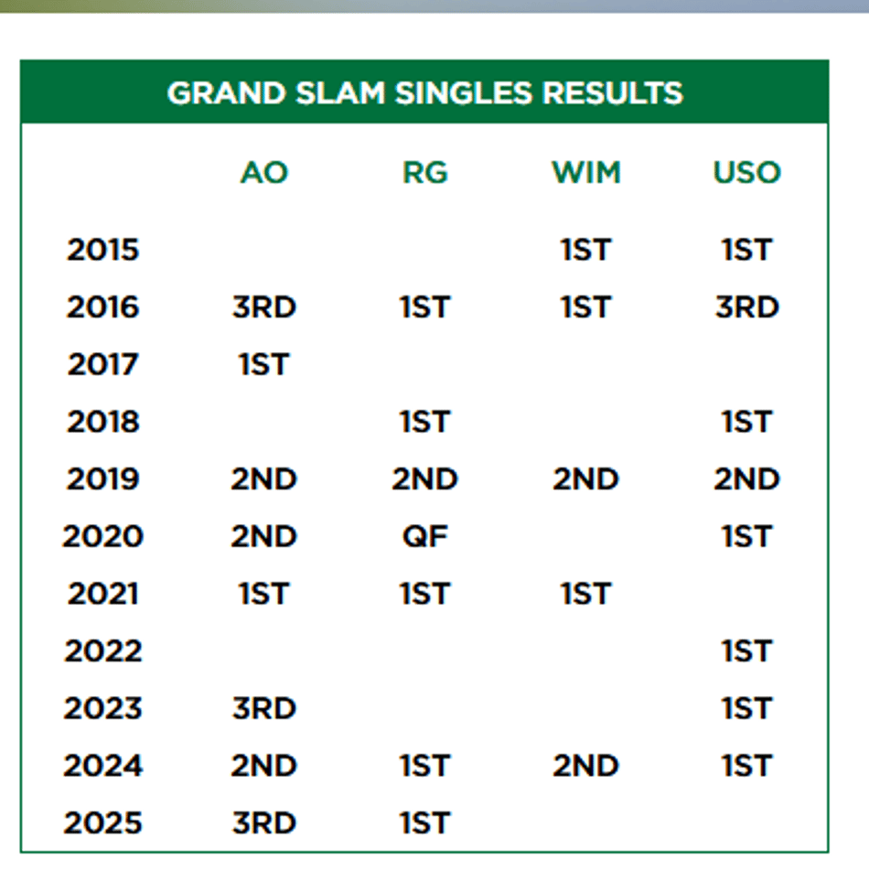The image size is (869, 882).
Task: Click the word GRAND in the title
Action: [x=226, y=92]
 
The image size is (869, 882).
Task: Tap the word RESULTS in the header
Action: [x=612, y=92]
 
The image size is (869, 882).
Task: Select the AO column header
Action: [x=263, y=172]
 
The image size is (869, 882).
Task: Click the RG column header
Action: [x=425, y=172]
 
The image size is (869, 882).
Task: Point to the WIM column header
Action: [x=586, y=172]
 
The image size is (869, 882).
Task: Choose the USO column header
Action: [x=747, y=172]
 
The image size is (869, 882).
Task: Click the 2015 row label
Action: [x=103, y=250]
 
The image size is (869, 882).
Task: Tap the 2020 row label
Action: [x=103, y=536]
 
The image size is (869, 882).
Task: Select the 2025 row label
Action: [x=103, y=823]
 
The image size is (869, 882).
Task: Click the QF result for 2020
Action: [x=425, y=536]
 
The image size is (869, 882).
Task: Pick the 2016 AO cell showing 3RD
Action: [x=263, y=307]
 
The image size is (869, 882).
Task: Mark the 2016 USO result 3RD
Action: [x=747, y=307]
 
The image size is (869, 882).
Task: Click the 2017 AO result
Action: [x=263, y=364]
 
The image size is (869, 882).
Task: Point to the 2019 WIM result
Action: [x=586, y=479]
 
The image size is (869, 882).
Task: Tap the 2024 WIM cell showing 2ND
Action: [x=586, y=766]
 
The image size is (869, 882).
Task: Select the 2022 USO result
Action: [x=747, y=651]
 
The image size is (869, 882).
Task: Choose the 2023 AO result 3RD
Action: [x=263, y=708]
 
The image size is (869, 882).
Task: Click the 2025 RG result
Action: [x=425, y=823]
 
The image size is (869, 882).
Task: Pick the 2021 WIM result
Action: [x=586, y=594]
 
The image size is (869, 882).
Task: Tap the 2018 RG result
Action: [x=425, y=422]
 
